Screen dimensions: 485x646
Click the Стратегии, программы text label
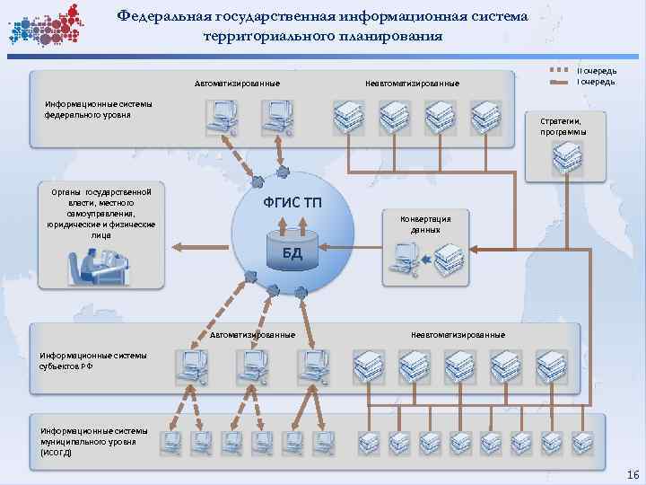[x=563, y=126]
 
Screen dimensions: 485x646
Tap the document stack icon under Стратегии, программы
[x=566, y=158]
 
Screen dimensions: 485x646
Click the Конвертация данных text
[x=425, y=225]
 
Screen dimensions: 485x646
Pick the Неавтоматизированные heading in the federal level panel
[x=412, y=84]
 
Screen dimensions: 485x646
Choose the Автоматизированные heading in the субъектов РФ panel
[x=252, y=335]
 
